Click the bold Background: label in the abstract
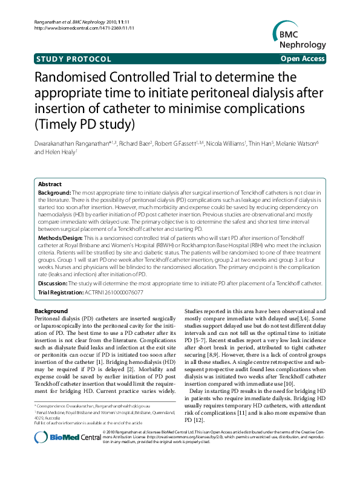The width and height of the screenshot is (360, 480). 54,191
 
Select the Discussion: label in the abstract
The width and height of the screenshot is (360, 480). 53,283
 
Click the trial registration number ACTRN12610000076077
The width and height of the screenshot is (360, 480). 114,292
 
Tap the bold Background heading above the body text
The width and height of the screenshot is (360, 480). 51,311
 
